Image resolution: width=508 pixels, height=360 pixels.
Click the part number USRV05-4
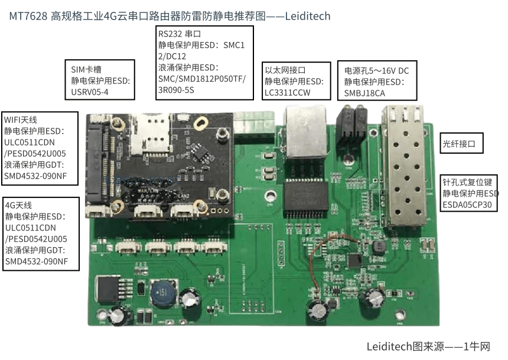pos(90,92)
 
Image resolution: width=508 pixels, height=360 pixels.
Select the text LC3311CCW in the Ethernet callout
pos(288,92)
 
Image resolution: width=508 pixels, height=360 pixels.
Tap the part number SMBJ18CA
pos(364,93)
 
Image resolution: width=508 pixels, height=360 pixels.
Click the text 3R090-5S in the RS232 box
pos(176,90)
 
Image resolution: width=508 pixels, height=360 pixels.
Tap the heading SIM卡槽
pos(86,69)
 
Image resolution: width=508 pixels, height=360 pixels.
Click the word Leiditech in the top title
pos(307,16)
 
